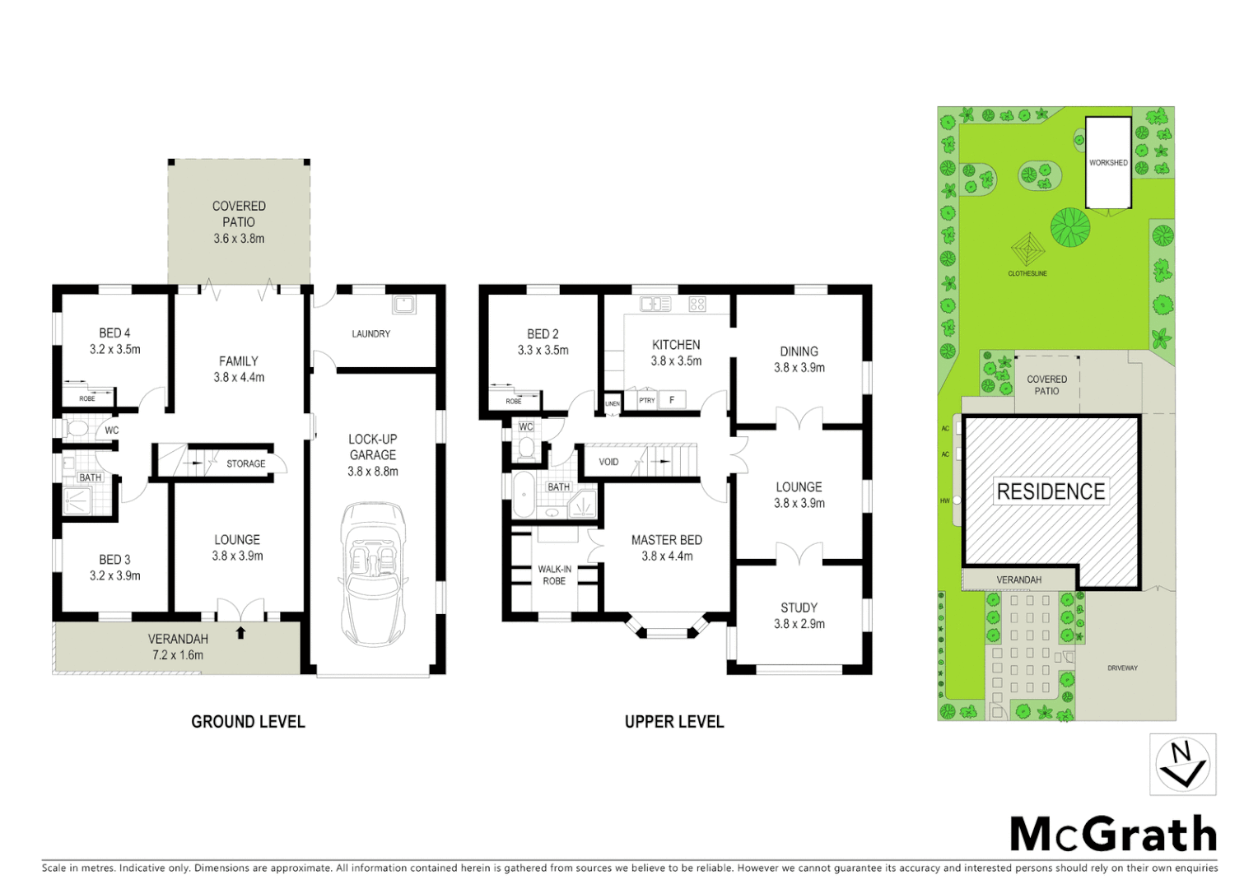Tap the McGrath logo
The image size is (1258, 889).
point(1113,835)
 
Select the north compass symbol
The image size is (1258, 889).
point(1182,765)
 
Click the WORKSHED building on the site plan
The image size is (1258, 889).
point(1108,163)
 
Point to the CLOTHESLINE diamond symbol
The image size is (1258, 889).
point(1027,247)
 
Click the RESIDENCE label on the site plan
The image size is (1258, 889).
point(1051,492)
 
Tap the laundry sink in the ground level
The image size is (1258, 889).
point(403,304)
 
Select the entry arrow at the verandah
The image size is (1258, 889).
point(240,632)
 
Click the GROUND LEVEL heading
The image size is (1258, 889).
point(248,722)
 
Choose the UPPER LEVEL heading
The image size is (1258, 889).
point(674,722)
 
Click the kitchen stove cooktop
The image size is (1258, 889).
point(697,304)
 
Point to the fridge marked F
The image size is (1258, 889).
point(672,400)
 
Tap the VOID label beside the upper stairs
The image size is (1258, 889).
point(608,462)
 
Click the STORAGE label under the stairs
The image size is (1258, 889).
point(245,463)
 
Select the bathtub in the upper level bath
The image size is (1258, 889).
point(524,495)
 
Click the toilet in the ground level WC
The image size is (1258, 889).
point(77,429)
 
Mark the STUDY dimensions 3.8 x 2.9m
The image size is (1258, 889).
point(799,624)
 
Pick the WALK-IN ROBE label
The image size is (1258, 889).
point(554,575)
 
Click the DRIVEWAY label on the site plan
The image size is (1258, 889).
point(1122,668)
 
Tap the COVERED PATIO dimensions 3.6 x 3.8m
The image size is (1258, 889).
point(239,239)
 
